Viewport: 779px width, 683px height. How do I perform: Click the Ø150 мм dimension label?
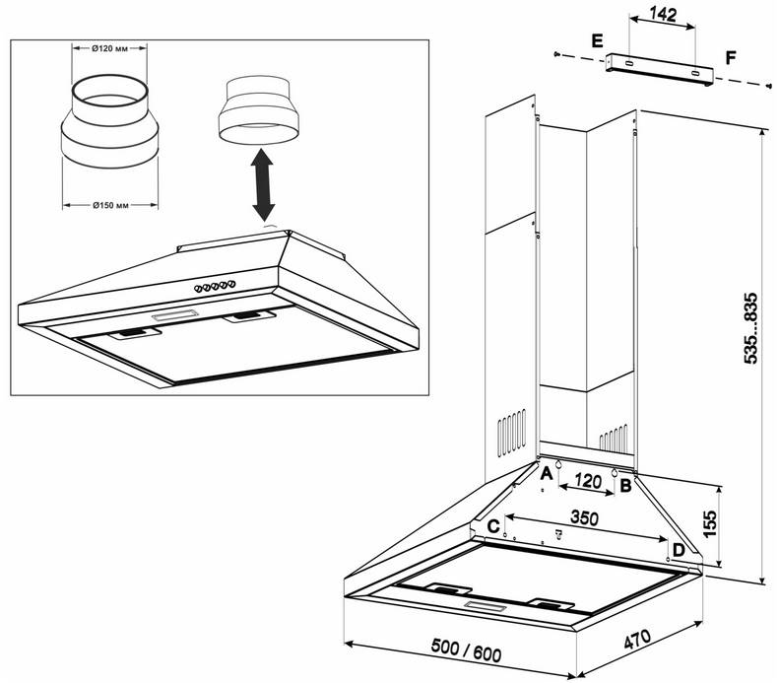(109, 205)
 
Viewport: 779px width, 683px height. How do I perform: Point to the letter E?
(597, 39)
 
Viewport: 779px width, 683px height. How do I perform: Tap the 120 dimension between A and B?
(587, 484)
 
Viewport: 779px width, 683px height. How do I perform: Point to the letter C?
(491, 525)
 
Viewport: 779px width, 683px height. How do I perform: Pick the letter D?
(678, 549)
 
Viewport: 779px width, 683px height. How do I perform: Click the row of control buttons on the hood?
(216, 287)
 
